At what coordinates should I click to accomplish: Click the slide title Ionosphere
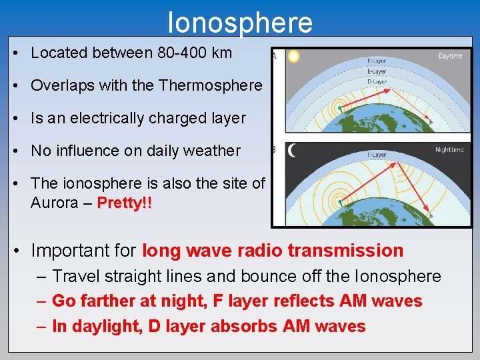click(x=240, y=22)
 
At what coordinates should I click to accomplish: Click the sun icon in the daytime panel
click(x=293, y=57)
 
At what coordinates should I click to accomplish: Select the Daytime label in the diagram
click(x=450, y=56)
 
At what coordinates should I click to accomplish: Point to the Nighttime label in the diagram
click(x=449, y=150)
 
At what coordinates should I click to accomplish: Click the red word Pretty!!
click(x=124, y=203)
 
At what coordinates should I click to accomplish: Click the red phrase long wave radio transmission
click(x=273, y=251)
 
